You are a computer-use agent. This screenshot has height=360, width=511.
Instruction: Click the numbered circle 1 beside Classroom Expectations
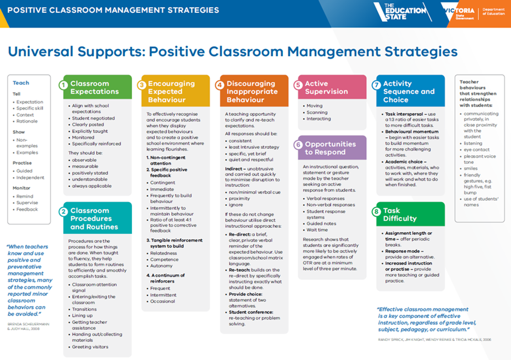[63, 85]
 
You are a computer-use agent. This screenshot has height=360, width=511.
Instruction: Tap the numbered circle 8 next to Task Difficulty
[376, 212]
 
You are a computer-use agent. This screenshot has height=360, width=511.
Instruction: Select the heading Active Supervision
[326, 87]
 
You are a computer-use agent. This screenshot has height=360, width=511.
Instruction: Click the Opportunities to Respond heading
[330, 148]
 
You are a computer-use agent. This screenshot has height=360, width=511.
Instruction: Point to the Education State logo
[403, 12]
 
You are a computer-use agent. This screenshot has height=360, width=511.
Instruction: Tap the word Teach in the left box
[21, 83]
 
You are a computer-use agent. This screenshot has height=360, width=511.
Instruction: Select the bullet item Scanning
[317, 112]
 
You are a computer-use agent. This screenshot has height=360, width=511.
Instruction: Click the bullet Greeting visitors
[90, 347]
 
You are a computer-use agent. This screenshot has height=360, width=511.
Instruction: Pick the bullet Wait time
[317, 230]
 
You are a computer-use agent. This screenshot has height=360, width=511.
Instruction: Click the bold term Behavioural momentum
[412, 131]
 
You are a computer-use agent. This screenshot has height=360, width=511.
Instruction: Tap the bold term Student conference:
[251, 312]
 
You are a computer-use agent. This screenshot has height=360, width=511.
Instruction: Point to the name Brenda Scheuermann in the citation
[28, 324]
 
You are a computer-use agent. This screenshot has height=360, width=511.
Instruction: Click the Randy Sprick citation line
[434, 340]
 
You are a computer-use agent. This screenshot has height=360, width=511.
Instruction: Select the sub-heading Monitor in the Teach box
[21, 188]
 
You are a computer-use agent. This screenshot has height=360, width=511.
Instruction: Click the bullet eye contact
[477, 149]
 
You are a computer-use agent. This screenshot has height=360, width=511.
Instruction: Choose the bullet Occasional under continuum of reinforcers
[162, 301]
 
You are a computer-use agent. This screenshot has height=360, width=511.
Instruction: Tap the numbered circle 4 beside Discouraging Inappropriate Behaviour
[219, 85]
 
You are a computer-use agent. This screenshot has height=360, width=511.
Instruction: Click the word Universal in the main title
[41, 51]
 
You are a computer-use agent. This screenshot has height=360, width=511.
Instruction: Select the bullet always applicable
[92, 186]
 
